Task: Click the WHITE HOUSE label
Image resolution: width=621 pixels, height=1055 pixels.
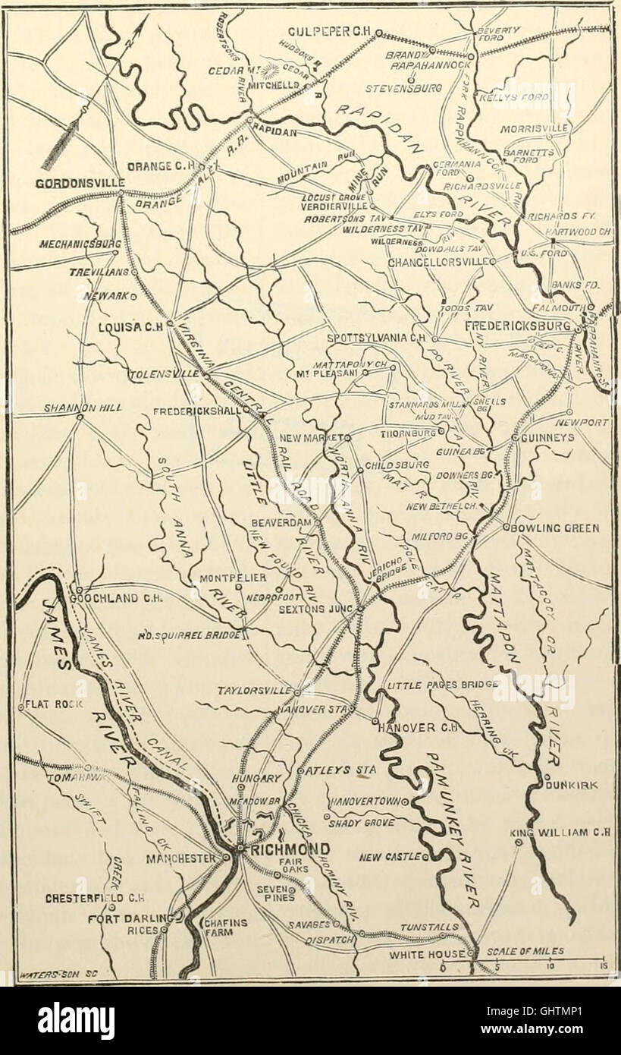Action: tap(425, 955)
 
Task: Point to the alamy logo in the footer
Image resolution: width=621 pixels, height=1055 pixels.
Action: tap(76, 1021)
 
